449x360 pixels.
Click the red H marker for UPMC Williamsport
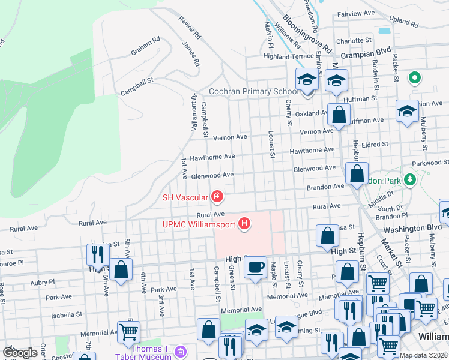(x=244, y=224)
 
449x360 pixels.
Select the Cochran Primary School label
(x=253, y=92)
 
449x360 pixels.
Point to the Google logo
(x=20, y=353)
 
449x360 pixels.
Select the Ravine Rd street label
(x=188, y=28)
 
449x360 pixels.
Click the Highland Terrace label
(x=288, y=56)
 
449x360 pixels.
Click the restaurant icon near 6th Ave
(x=95, y=254)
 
